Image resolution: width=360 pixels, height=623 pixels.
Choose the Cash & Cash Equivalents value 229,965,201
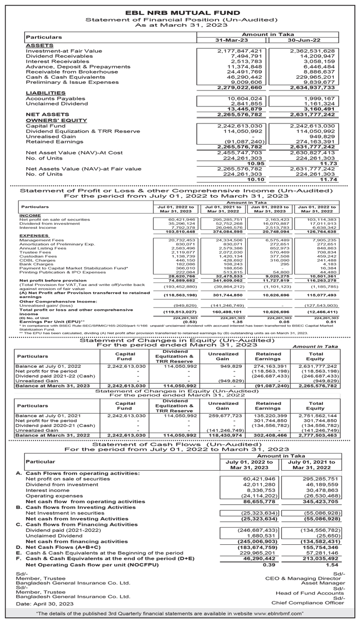click(x=316, y=77)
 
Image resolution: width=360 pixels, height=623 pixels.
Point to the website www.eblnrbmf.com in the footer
click(x=272, y=614)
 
